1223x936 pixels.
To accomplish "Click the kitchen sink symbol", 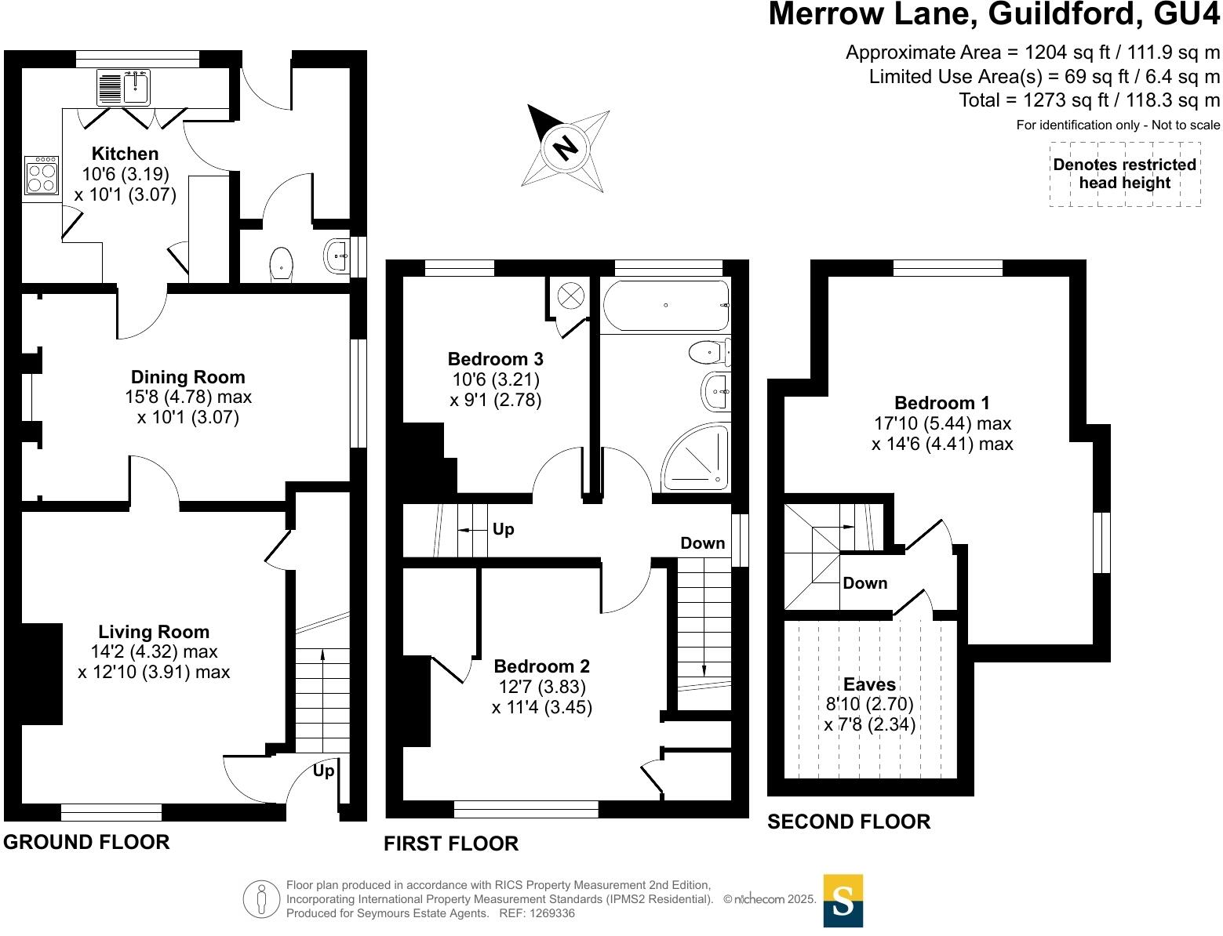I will click(124, 87).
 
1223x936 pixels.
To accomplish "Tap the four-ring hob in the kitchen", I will click(42, 176).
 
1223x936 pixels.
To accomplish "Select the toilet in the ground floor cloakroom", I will click(281, 263).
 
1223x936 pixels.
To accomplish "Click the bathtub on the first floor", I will click(665, 305).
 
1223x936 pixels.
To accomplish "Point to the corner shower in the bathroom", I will click(697, 458).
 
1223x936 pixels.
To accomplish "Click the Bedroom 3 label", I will click(495, 359).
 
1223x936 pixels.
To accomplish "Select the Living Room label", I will click(154, 632).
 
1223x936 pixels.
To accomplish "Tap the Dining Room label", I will click(187, 377).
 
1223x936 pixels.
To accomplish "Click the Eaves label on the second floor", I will click(869, 684).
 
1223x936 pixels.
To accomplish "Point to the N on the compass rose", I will click(565, 147).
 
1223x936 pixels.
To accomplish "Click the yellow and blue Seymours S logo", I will click(843, 901).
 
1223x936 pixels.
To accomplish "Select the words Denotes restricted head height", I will click(1124, 174).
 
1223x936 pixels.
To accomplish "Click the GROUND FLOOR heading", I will click(86, 842).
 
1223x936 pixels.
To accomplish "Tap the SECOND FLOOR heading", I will click(849, 822).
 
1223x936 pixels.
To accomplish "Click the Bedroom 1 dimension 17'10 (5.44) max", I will click(942, 423).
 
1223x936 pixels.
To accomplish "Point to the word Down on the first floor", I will click(702, 543).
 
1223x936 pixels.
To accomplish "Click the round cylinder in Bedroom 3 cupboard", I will click(570, 296).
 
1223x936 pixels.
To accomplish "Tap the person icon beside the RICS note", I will click(261, 899).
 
